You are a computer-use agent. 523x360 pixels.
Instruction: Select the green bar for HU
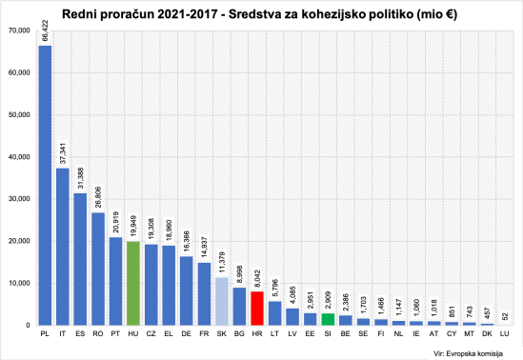coord(133,284)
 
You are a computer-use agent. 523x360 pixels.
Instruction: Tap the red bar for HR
coord(257,309)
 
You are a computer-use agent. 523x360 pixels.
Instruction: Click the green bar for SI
coord(328,319)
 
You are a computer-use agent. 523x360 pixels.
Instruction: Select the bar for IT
coord(63,248)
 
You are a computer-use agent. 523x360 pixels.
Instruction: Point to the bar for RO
coord(98,269)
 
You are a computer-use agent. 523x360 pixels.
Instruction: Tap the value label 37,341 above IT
coord(63,154)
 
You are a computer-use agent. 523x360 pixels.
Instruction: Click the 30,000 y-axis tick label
coord(18,199)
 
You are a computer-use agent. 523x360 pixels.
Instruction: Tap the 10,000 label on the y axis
coord(18,283)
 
